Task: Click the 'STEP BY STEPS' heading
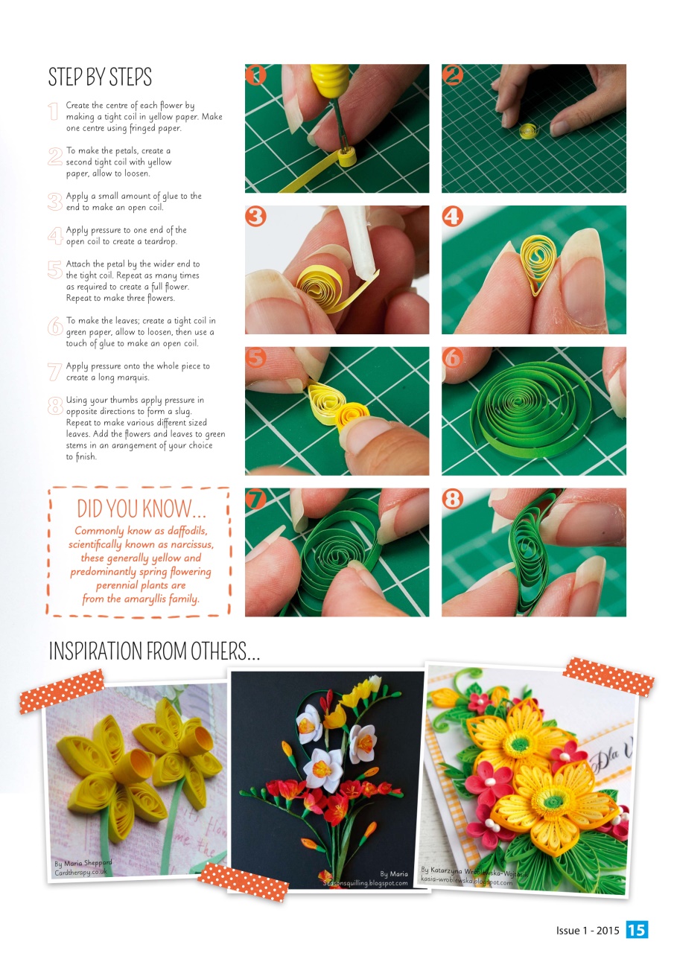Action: (x=100, y=77)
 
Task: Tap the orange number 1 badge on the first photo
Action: (x=255, y=74)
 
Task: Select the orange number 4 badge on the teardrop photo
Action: (x=452, y=217)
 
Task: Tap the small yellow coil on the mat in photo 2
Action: (x=528, y=133)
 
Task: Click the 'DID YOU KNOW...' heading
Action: (x=142, y=509)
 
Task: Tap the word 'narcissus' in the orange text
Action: (x=188, y=544)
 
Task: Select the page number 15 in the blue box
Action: (x=637, y=930)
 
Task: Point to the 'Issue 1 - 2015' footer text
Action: (x=588, y=931)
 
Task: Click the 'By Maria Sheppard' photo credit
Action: (x=83, y=863)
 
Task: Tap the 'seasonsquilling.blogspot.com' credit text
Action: (x=365, y=883)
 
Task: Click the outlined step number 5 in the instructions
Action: (x=54, y=269)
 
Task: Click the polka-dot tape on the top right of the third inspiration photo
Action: (x=608, y=677)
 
